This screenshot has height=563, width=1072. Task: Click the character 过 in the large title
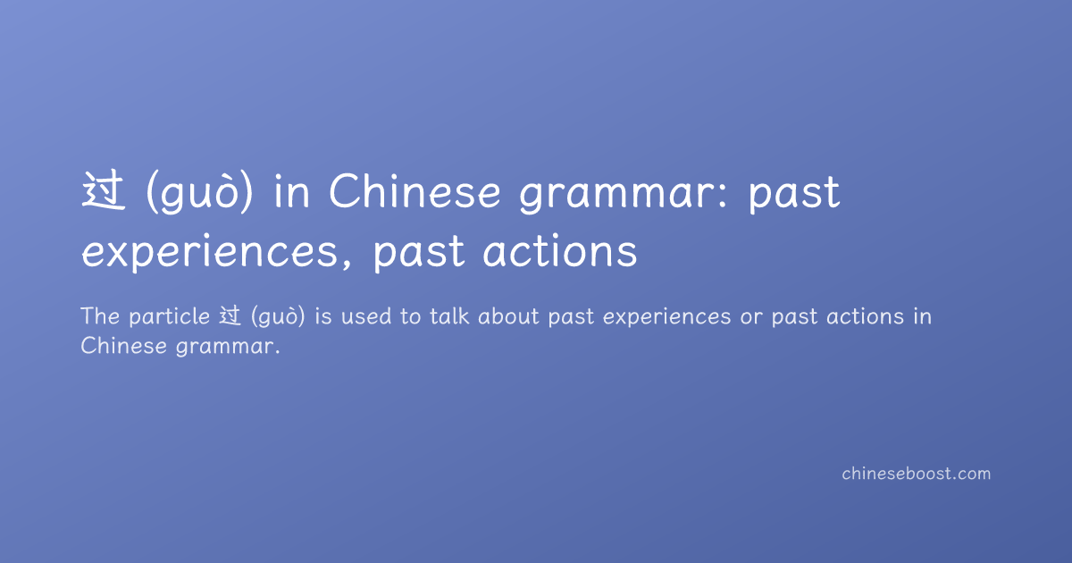[104, 191]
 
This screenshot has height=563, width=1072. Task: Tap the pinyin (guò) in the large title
[199, 192]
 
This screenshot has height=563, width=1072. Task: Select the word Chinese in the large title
[415, 190]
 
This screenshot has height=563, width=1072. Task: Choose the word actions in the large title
[560, 250]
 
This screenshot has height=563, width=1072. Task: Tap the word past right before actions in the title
[419, 252]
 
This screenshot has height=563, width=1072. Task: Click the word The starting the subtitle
[100, 316]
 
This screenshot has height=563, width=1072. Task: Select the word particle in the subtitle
[170, 317]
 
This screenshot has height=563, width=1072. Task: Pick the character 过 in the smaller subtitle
[230, 316]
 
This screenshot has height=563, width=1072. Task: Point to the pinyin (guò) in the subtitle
[278, 317]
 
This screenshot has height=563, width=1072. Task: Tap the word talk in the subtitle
[449, 316]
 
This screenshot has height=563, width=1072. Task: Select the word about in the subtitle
[508, 316]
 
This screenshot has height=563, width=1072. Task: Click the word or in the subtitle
[751, 318]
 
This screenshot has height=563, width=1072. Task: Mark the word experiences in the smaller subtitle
[666, 318]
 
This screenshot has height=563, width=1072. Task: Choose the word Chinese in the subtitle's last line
[123, 346]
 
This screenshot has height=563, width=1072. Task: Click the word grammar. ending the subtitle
[228, 348]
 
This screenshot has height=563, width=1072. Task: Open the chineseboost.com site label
[916, 474]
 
